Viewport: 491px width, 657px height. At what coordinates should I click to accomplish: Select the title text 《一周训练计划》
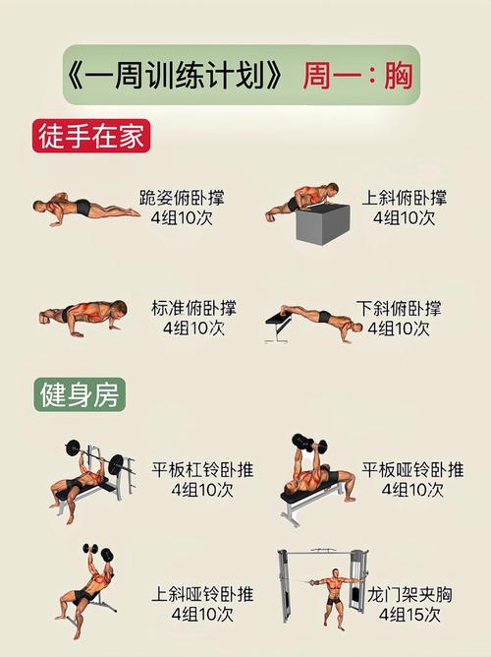[180, 76]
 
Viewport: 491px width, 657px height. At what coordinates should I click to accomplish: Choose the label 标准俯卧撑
[193, 308]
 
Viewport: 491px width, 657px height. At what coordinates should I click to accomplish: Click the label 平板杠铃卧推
[202, 469]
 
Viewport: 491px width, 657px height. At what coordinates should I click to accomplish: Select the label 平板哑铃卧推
[412, 469]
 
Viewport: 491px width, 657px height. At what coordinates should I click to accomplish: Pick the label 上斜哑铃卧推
[202, 594]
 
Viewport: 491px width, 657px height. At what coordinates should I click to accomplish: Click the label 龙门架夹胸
[405, 594]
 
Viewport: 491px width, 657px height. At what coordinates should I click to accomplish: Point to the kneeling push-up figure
[83, 207]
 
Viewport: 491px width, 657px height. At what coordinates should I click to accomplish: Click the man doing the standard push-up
[83, 315]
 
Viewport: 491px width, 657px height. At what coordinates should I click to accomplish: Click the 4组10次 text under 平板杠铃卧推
[202, 489]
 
